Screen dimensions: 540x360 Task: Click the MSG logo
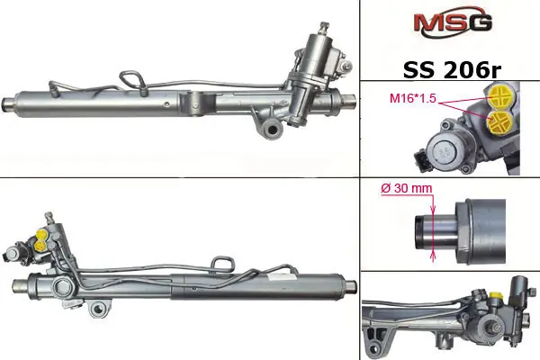pyautogui.click(x=453, y=22)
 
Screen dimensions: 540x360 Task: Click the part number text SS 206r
pyautogui.click(x=452, y=70)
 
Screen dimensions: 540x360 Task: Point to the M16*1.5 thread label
pyautogui.click(x=412, y=98)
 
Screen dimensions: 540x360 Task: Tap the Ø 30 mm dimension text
pyautogui.click(x=407, y=188)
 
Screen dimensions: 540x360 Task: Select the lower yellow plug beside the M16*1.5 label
pyautogui.click(x=499, y=122)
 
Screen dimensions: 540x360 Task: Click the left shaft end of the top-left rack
pyautogui.click(x=8, y=104)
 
